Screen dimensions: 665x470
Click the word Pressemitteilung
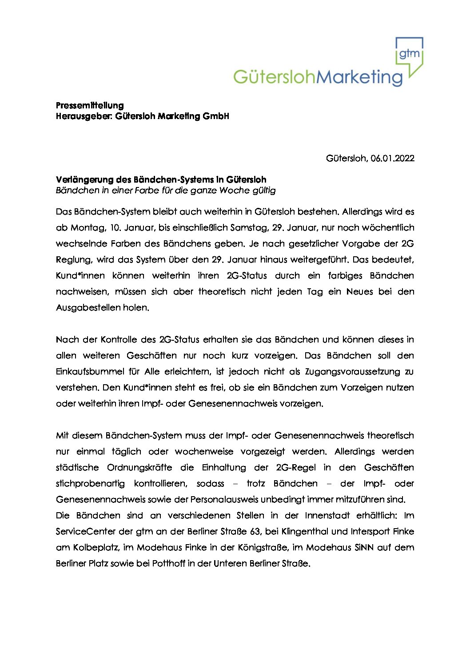90,105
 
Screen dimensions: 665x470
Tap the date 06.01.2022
392,158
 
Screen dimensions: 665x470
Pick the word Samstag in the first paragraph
249,227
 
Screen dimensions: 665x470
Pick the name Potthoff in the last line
168,563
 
